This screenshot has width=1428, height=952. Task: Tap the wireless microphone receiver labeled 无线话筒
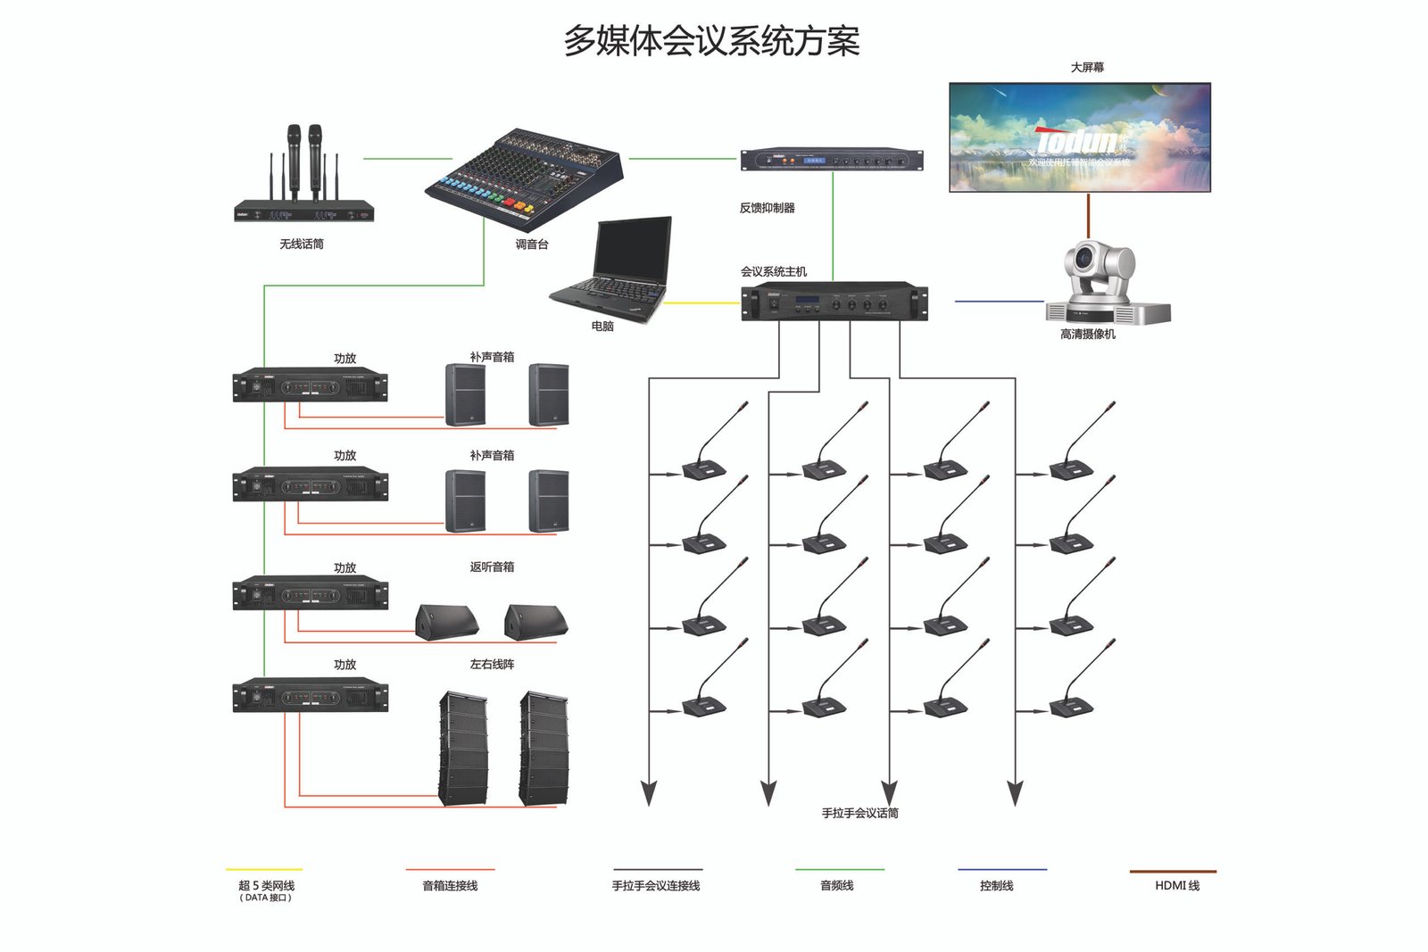coord(303,211)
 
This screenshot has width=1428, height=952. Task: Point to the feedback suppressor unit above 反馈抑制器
coord(832,160)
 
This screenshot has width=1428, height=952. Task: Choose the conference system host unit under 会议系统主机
coord(834,302)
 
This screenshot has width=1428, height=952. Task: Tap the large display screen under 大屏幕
coord(1079,137)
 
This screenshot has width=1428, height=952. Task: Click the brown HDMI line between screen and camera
coord(1088,216)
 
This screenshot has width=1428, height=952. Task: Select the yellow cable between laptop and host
coord(702,302)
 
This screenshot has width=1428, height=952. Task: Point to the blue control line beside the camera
coord(999,302)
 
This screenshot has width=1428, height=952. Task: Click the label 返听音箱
coord(492,567)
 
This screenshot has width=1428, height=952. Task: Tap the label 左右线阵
coord(492,664)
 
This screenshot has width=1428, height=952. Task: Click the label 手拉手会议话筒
coord(859,813)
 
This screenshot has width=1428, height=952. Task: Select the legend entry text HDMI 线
coord(1176,885)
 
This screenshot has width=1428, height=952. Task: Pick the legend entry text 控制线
coord(996,885)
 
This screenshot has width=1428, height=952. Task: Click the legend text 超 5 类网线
coord(266,885)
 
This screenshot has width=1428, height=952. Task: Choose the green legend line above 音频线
coord(839,869)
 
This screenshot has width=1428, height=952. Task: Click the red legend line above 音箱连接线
coord(450,869)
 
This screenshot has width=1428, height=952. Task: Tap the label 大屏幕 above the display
coord(1087,67)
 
